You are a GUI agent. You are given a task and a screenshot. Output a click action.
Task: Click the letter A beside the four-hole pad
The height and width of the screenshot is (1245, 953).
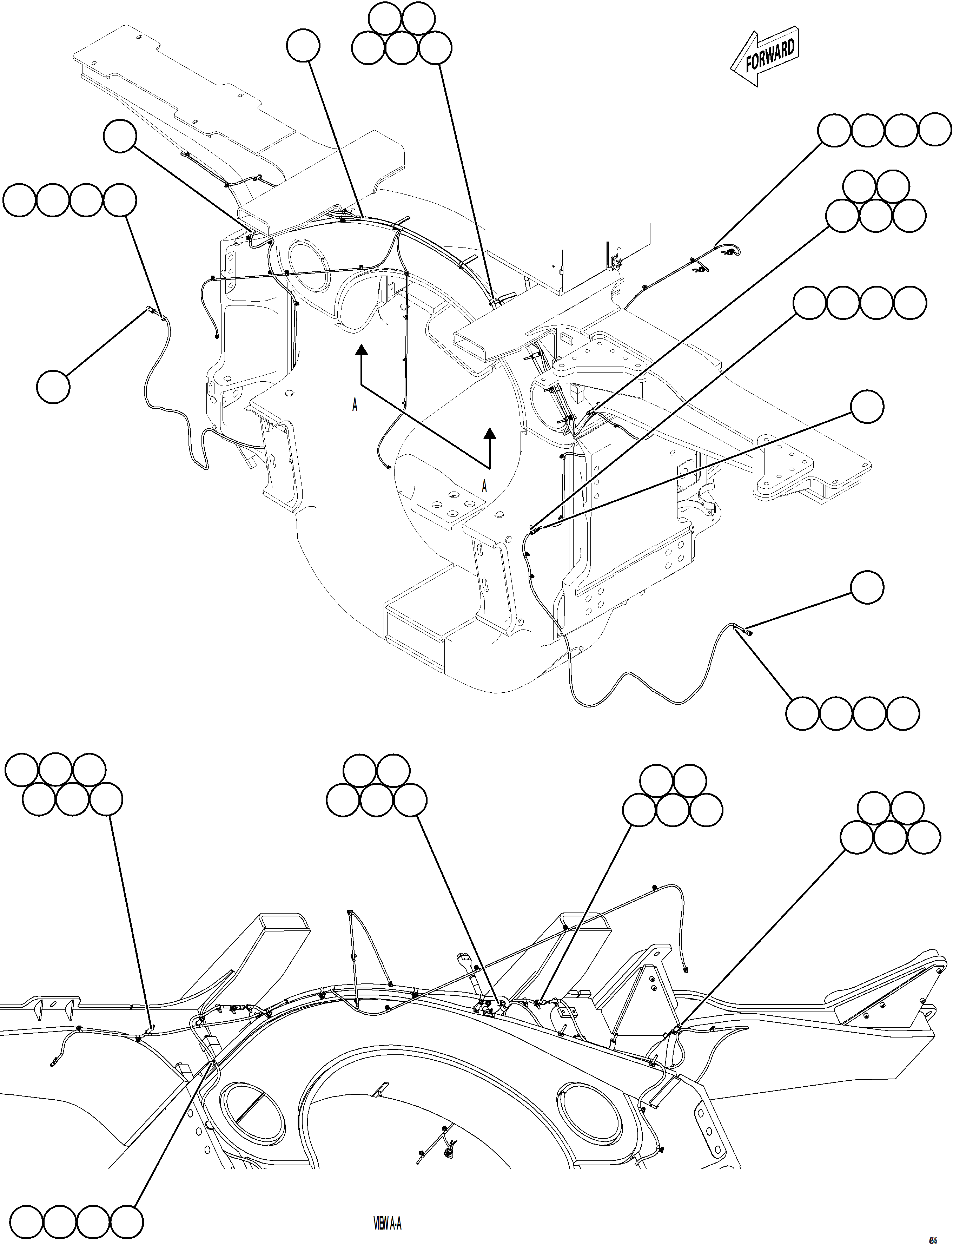pos(484,486)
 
